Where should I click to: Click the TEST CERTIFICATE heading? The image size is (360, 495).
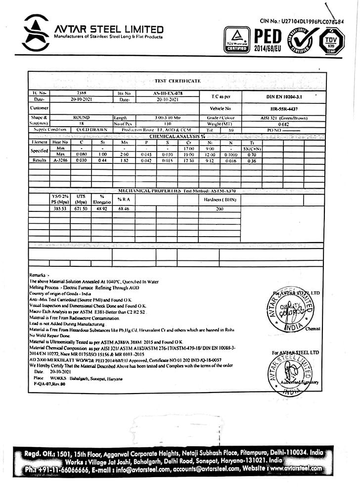[178, 81]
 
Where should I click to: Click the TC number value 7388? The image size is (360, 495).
[82, 93]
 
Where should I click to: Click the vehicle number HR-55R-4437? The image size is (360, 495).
[284, 108]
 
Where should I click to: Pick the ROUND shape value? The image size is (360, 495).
[82, 118]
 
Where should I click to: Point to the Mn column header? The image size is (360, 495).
[124, 142]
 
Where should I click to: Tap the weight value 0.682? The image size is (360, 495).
[283, 124]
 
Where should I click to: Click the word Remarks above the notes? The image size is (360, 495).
[37, 274]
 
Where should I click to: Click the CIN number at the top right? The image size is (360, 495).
[301, 21]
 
